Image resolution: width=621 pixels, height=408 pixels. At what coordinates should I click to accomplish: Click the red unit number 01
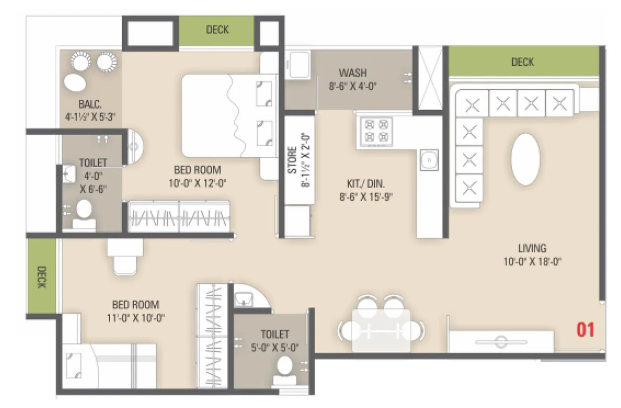[x=585, y=330]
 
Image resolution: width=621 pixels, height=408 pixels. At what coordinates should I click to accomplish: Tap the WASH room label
[x=352, y=73]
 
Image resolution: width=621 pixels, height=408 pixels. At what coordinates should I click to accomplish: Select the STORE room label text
[x=292, y=160]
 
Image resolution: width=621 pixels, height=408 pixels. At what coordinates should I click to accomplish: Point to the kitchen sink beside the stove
[x=429, y=160]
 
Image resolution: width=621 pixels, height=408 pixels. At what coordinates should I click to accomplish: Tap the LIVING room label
[x=532, y=248]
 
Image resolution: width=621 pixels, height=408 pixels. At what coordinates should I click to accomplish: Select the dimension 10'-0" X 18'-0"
[x=532, y=262]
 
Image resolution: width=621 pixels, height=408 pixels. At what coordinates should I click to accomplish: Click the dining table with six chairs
[x=381, y=330]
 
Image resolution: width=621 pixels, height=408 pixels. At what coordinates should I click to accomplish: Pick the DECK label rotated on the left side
[x=42, y=277]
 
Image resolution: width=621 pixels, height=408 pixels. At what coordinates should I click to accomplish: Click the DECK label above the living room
[x=522, y=62]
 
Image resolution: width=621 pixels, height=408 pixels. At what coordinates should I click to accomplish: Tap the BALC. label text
[x=90, y=104]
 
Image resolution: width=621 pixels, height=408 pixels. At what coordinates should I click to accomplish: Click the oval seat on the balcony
[x=75, y=83]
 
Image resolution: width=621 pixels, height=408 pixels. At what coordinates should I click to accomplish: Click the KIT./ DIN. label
[x=366, y=183]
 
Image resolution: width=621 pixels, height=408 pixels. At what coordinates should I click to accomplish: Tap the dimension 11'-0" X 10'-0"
[x=135, y=318]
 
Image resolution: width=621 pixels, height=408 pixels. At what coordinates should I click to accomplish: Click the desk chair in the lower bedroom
[x=125, y=264]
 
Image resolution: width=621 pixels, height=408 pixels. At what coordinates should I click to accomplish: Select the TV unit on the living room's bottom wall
[x=501, y=342]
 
